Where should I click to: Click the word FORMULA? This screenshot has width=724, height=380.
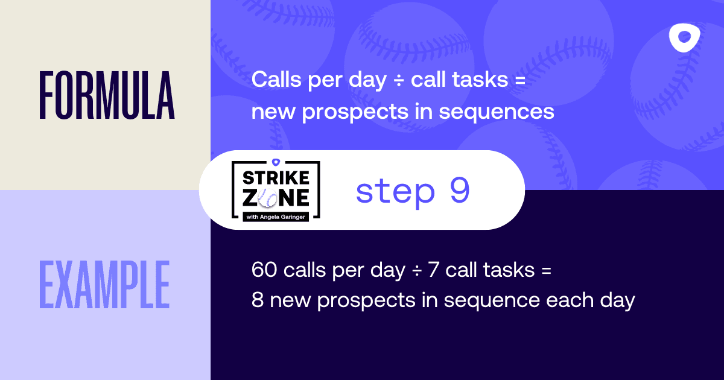(107, 95)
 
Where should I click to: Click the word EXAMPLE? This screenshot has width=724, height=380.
(104, 284)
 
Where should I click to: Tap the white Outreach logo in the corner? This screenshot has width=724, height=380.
(685, 38)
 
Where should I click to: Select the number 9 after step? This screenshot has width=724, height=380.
(459, 191)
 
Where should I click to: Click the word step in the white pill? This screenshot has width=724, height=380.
(395, 192)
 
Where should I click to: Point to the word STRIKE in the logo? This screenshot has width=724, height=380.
(276, 178)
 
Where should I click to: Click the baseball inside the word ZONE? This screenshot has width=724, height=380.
(268, 197)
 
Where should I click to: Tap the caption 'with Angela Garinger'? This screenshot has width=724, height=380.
(276, 217)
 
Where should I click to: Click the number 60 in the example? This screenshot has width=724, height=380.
(264, 270)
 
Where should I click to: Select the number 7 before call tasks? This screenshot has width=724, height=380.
(433, 270)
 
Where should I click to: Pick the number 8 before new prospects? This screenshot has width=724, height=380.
(258, 300)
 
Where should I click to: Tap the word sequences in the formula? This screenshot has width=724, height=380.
(497, 112)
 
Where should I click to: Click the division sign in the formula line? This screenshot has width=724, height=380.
(399, 80)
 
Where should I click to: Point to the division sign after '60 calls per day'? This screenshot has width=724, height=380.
(417, 270)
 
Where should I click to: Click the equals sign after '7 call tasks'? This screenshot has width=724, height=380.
(546, 270)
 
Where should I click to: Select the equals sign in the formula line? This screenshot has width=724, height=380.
(520, 80)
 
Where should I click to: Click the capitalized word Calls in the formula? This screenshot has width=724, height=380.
(276, 79)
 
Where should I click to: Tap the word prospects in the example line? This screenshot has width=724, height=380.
(366, 301)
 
